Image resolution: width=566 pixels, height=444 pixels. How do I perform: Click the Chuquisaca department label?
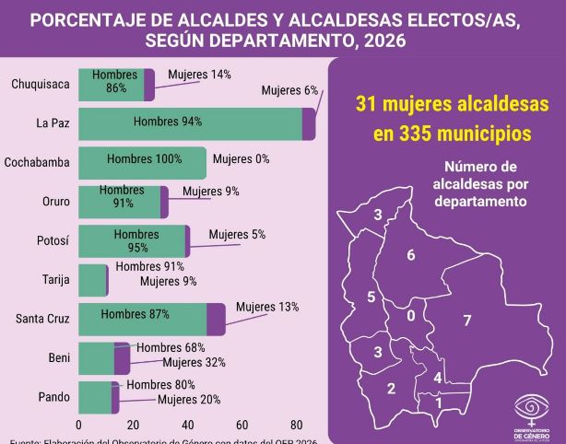(x=40, y=85)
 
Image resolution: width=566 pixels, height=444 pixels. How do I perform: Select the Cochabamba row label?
(x=37, y=163)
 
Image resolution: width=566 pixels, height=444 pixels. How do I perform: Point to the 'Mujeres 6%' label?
(x=289, y=90)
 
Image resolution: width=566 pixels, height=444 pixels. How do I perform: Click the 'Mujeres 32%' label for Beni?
(x=194, y=362)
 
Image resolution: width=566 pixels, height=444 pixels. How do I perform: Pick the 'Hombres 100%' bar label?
(x=144, y=159)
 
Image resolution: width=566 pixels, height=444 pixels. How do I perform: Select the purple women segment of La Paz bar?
(x=309, y=123)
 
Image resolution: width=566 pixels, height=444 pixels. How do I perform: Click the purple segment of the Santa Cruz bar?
(x=216, y=319)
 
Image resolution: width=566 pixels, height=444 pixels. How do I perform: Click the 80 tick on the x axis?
(x=297, y=425)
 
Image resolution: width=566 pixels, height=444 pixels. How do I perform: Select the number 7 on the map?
(x=467, y=321)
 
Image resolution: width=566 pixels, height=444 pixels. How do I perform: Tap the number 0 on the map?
(x=410, y=315)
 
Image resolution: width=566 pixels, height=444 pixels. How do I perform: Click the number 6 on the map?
(x=410, y=255)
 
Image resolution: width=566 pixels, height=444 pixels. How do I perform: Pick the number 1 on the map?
(x=439, y=403)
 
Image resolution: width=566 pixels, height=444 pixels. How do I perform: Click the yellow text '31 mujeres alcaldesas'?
(x=452, y=104)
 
